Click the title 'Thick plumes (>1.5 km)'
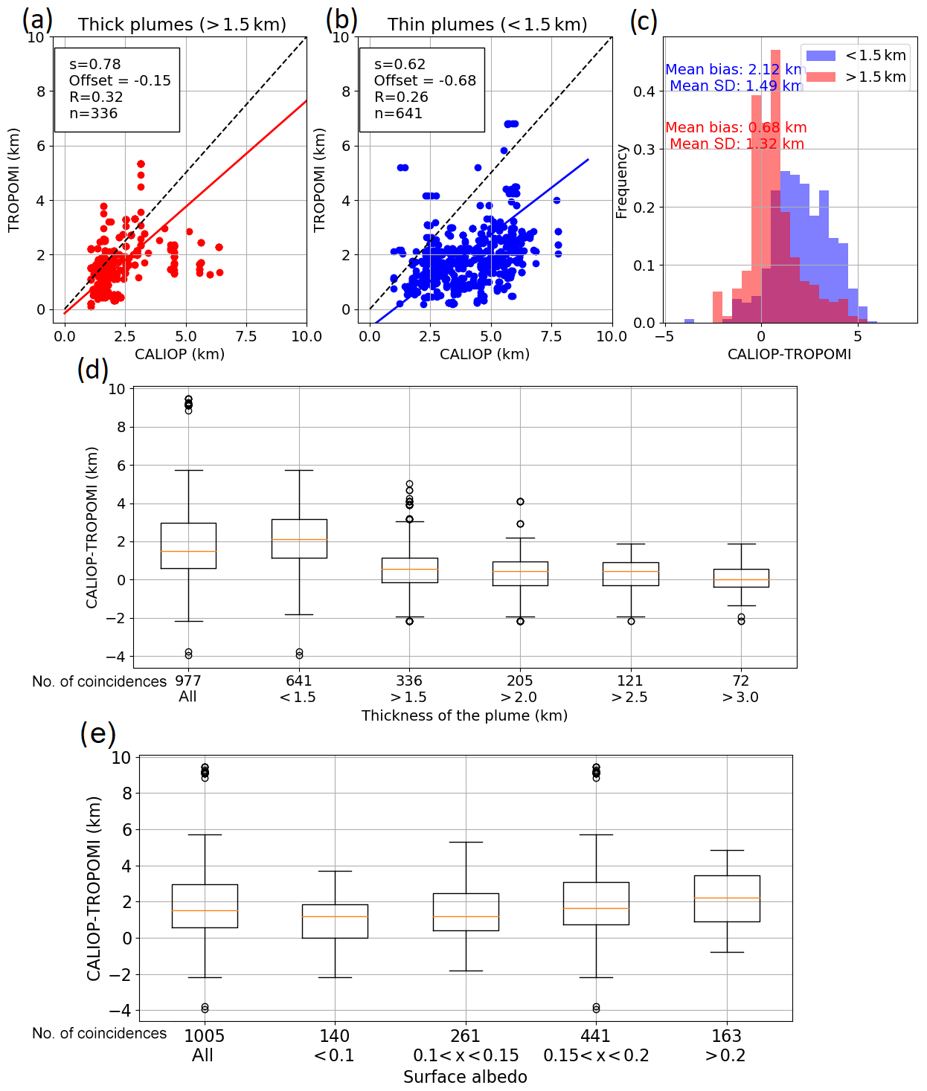click(x=182, y=25)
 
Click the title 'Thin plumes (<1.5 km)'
click(x=487, y=25)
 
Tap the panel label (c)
click(x=644, y=21)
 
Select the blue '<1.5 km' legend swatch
click(x=821, y=56)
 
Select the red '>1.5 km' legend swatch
click(x=821, y=77)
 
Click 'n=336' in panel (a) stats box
click(x=94, y=114)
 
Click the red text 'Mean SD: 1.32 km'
click(x=737, y=144)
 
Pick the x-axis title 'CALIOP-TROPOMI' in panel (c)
click(x=789, y=354)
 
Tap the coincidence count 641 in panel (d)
click(x=298, y=681)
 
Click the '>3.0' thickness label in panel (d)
click(x=740, y=698)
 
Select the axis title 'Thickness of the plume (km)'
click(x=464, y=715)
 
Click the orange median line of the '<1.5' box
click(x=299, y=539)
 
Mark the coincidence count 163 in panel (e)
click(x=726, y=1036)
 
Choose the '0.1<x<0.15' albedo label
click(x=466, y=1056)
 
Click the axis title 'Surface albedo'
click(x=465, y=1077)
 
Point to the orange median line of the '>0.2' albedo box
click(x=727, y=898)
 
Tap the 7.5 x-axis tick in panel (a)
click(x=246, y=337)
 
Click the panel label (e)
click(x=98, y=734)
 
